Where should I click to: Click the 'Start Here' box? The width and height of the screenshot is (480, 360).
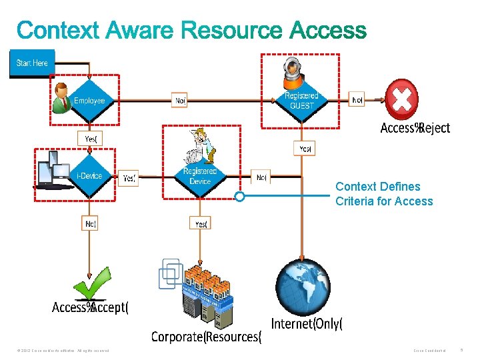32,63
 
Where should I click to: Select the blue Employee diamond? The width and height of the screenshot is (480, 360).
89,101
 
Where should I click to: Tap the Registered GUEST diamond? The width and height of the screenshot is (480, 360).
301,101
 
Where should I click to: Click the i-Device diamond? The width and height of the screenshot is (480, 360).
89,176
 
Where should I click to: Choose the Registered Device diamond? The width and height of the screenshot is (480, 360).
199,177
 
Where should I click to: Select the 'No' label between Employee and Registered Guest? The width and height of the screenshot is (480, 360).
180,101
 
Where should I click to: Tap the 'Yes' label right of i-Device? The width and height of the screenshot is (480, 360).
129,178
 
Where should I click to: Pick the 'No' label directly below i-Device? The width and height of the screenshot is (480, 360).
91,224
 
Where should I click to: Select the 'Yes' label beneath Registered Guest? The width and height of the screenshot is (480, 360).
304,149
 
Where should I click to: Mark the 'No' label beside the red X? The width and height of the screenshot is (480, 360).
358,101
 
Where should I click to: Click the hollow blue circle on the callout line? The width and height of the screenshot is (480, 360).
239,197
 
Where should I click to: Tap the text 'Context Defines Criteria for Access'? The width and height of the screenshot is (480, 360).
384,194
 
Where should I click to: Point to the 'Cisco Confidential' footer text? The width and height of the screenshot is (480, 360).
431,351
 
